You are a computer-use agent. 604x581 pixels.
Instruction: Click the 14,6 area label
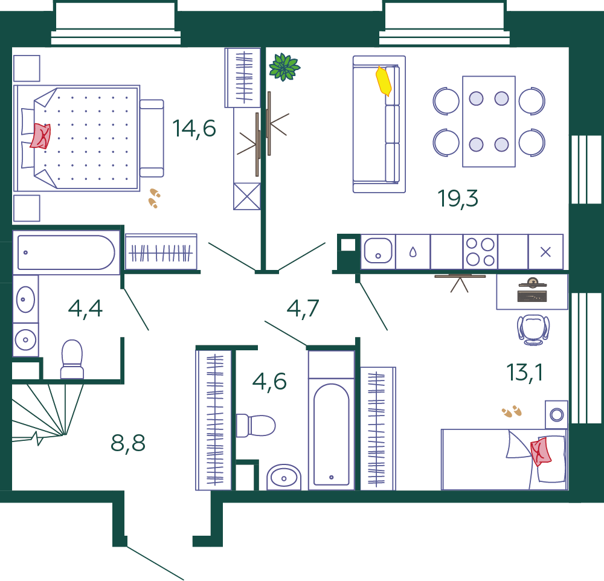(x=194, y=128)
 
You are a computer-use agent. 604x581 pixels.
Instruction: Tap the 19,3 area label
(x=458, y=199)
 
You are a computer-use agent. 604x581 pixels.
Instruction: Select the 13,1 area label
(x=524, y=373)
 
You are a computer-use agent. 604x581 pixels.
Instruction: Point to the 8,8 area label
(x=128, y=443)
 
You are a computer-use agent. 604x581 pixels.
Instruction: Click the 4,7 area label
(x=303, y=308)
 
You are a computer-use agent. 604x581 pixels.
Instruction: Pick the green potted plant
(x=284, y=67)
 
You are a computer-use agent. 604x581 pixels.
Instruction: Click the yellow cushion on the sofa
(x=384, y=81)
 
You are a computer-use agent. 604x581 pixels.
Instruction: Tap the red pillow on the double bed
(x=40, y=136)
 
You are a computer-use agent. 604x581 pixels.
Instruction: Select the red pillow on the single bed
(x=541, y=452)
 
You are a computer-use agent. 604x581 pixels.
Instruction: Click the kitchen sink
(x=378, y=251)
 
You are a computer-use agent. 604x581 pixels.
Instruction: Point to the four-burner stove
(x=480, y=252)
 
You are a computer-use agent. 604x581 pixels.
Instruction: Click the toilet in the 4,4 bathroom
(x=72, y=359)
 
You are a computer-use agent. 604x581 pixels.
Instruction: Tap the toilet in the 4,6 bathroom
(x=255, y=426)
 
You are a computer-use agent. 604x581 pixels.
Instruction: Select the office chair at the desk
(x=533, y=329)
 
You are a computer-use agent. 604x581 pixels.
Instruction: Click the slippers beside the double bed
(x=155, y=198)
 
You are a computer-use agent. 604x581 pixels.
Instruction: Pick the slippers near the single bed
(x=512, y=411)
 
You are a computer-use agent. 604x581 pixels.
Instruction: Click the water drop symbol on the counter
(x=413, y=252)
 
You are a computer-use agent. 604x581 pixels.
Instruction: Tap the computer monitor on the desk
(x=532, y=284)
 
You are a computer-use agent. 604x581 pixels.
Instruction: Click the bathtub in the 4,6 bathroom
(x=331, y=434)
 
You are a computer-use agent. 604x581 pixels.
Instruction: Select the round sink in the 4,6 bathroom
(x=284, y=477)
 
